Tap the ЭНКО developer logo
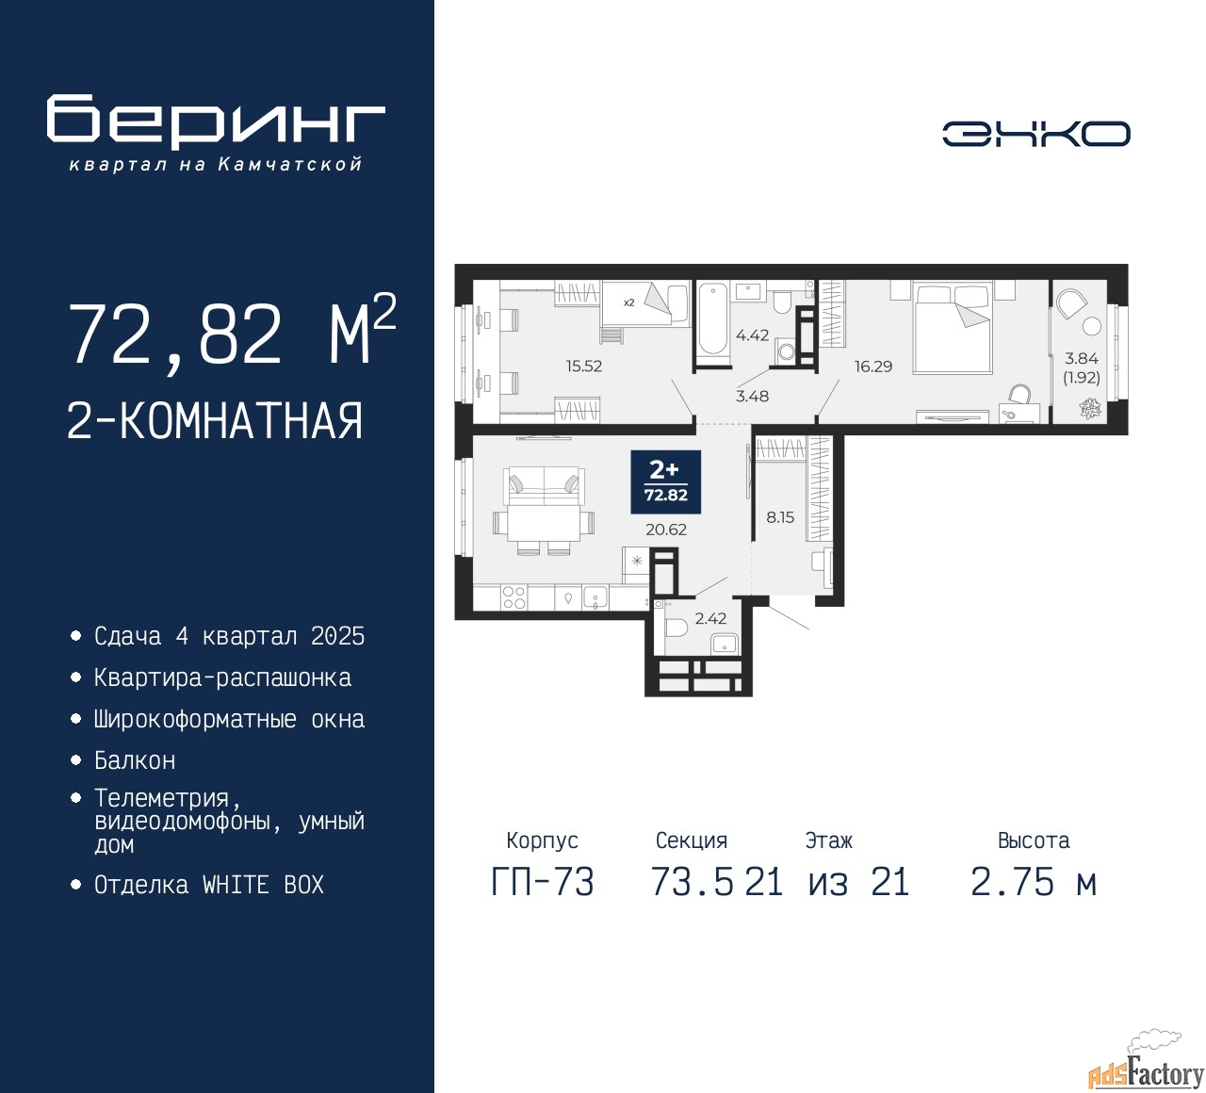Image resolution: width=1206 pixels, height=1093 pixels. tap(1035, 134)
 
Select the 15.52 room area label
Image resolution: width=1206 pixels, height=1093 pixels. tap(584, 366)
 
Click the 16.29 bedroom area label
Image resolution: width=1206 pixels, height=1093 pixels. tap(873, 366)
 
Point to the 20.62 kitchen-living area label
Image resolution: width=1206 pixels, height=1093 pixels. tap(665, 529)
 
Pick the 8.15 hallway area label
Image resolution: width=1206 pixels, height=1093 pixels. tap(780, 517)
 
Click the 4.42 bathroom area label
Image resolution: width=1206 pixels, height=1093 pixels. tap(752, 335)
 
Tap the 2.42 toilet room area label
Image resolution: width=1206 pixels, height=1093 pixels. tap(710, 618)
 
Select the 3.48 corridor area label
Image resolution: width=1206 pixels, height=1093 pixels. tap(752, 396)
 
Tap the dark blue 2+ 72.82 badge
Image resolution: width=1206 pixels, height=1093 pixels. tap(665, 482)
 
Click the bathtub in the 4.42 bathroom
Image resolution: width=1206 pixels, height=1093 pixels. tap(713, 318)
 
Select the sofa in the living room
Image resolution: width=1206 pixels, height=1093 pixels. tap(544, 486)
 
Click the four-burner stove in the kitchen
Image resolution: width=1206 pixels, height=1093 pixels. tap(514, 597)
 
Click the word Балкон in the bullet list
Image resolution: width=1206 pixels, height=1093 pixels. tap(135, 760)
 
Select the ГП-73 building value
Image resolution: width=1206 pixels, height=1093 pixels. tap(543, 882)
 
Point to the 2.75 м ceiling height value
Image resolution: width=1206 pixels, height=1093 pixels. tap(1034, 882)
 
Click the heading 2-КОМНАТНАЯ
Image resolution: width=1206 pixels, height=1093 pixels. tap(215, 421)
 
